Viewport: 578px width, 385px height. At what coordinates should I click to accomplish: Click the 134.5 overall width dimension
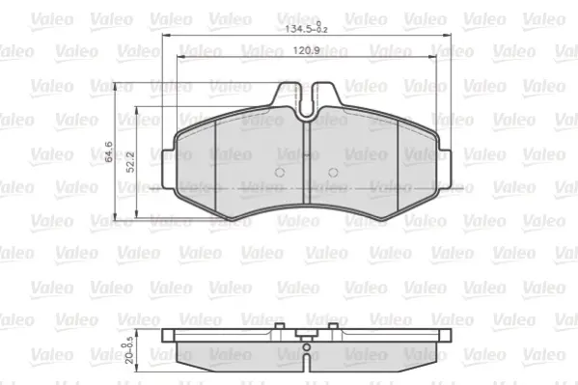(306, 28)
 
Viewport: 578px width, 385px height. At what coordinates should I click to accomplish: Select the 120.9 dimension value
(306, 50)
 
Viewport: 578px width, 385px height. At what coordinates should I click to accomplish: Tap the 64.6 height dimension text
(109, 151)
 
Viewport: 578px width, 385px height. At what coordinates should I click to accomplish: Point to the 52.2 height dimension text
(130, 162)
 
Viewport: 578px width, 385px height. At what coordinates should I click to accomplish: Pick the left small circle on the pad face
(280, 172)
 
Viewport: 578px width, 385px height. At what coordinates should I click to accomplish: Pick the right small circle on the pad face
(333, 172)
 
